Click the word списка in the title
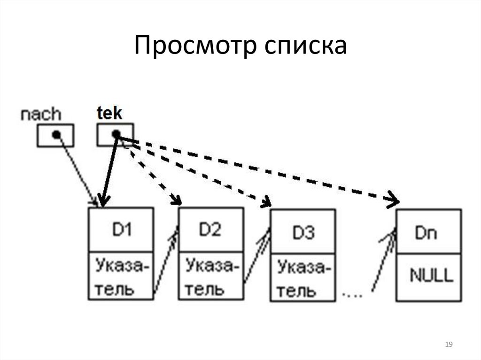pos(305,47)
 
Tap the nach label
pos(41,114)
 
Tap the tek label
pos(109,113)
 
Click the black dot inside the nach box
pos(56,135)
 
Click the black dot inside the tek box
pos(116,134)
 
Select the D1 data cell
pos(121,230)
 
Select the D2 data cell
pos(210,230)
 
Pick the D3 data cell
pos(303,232)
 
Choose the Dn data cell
pos(427,232)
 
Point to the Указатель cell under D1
pos(121,277)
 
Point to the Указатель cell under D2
pos(210,277)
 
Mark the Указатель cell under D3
pos(303,279)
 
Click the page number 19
pos(448,345)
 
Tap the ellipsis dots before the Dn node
pos(352,294)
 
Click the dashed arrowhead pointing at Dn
pos(393,200)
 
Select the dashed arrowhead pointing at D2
pos(176,201)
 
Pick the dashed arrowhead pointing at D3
pos(266,203)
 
